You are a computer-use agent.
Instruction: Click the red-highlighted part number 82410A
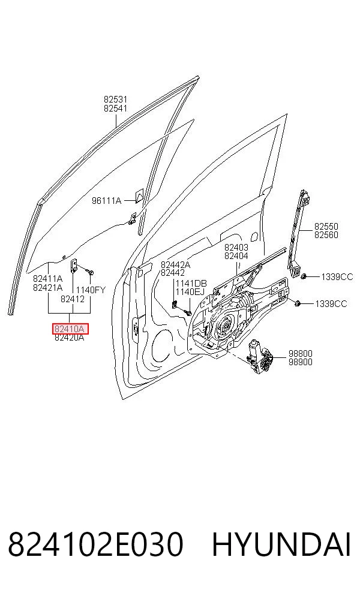tap(70, 329)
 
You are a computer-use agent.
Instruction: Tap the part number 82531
tap(116, 100)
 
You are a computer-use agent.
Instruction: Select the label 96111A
tap(107, 201)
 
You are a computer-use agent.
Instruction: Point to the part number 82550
tap(326, 227)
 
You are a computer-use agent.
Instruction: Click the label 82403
tap(236, 247)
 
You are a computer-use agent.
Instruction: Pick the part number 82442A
tap(175, 265)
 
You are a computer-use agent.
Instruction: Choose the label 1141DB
tap(191, 284)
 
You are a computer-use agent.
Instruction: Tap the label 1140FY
tap(91, 290)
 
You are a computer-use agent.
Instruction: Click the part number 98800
tap(301, 354)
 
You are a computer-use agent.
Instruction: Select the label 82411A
tap(47, 279)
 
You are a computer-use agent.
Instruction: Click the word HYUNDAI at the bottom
tap(281, 544)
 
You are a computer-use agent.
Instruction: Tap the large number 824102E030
tap(95, 544)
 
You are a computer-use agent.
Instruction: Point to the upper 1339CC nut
tap(304, 276)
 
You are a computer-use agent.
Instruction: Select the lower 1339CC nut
tap(297, 303)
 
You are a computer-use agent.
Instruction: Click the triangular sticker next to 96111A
tap(139, 195)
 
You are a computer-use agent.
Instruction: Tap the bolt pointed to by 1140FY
tap(89, 271)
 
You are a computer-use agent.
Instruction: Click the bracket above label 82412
tap(74, 265)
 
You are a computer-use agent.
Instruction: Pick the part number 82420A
tap(69, 338)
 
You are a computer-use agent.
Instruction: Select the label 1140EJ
tap(190, 291)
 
